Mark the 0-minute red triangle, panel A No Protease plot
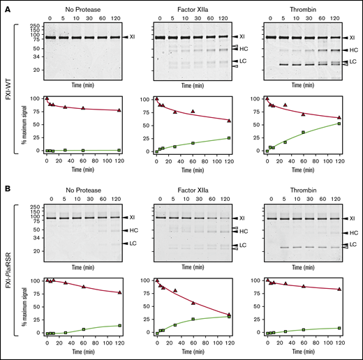[x=47, y=99]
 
